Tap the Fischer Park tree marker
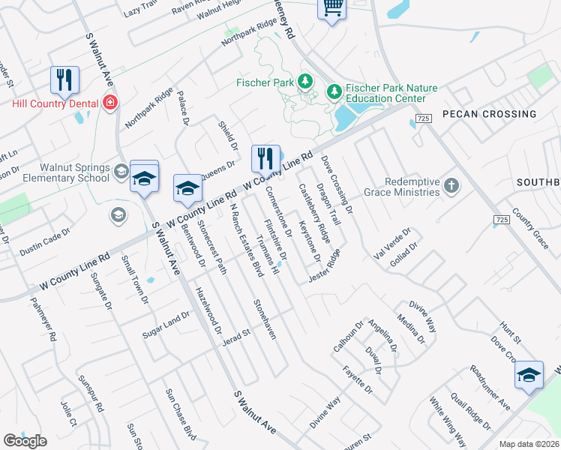click(304, 81)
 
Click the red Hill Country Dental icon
click(110, 102)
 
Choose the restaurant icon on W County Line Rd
click(265, 157)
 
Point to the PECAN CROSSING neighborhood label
click(499, 114)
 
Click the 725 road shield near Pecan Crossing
click(424, 118)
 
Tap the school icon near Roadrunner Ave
click(529, 375)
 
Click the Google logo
click(25, 441)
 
